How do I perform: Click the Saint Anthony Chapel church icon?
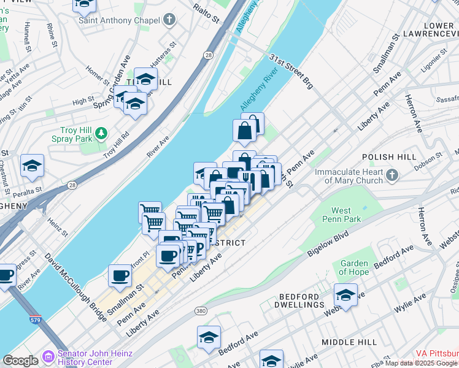tap(169, 20)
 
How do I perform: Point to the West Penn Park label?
tap(341, 215)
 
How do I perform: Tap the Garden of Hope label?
tap(354, 267)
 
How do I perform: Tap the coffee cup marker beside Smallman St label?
tap(120, 275)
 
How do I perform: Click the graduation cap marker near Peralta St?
tap(32, 165)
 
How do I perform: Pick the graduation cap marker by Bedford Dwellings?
tap(345, 295)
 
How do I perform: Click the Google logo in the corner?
tap(21, 361)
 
